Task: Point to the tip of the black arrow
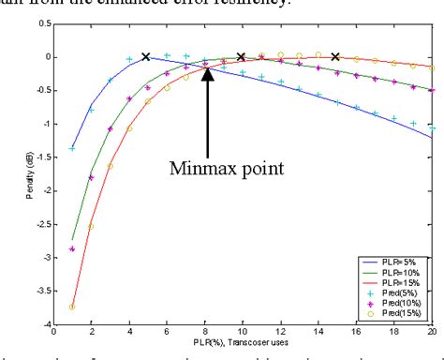pos(207,69)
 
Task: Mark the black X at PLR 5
pos(145,57)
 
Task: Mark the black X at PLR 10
pos(242,57)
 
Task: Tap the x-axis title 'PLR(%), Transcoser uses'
pos(242,348)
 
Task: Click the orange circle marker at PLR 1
pos(71,307)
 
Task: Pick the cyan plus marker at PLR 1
pos(71,148)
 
